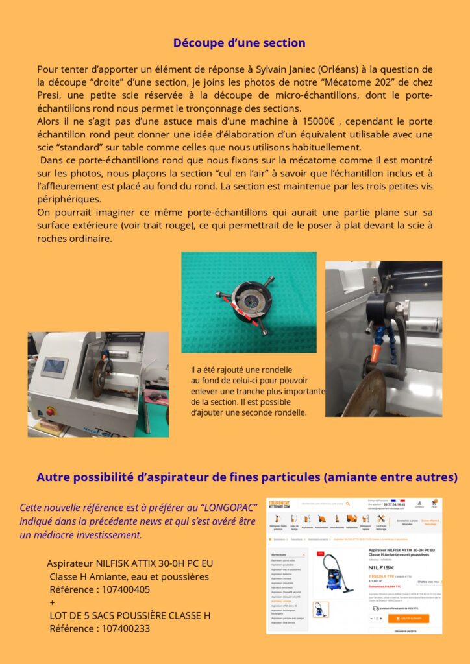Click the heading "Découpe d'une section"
239,43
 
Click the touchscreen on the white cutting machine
55,367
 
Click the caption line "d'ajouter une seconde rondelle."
249,412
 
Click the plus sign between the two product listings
53,602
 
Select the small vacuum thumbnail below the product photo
321,610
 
